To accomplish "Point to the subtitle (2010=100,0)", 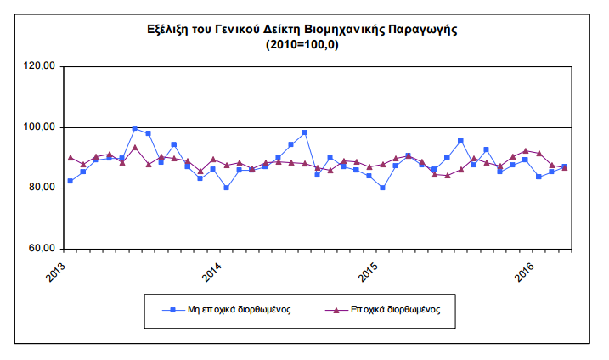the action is pos(302,45).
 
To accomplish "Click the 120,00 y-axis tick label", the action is pos(40,65).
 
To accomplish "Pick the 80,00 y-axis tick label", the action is pos(42,187).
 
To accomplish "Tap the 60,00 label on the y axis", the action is pos(42,248).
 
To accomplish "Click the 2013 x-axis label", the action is pos(55,272).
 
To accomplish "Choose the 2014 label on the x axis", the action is pos(211,272).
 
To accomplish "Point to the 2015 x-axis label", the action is pos(368,272).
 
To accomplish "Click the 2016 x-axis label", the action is pos(524,272).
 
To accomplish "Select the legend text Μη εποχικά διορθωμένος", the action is pos(240,310).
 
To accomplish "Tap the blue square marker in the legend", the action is pos(173,310).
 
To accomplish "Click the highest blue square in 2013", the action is pos(135,128).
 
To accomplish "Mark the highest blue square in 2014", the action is pos(304,132).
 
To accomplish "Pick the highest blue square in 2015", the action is pos(460,141).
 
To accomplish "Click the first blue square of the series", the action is pos(70,181).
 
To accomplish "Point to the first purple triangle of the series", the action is pos(70,158).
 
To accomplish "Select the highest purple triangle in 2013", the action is pos(135,148).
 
